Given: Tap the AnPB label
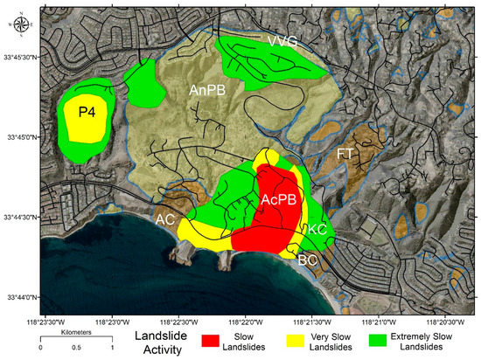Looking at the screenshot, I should (x=207, y=89).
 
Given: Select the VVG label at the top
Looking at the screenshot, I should (x=283, y=41).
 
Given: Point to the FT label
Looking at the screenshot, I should (x=345, y=153).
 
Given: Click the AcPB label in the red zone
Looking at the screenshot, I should (x=279, y=199).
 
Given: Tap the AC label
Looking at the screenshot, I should (x=165, y=219).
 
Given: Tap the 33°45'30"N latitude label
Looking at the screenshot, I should (x=19, y=56).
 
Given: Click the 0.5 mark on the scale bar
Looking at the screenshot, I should (x=75, y=349).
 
